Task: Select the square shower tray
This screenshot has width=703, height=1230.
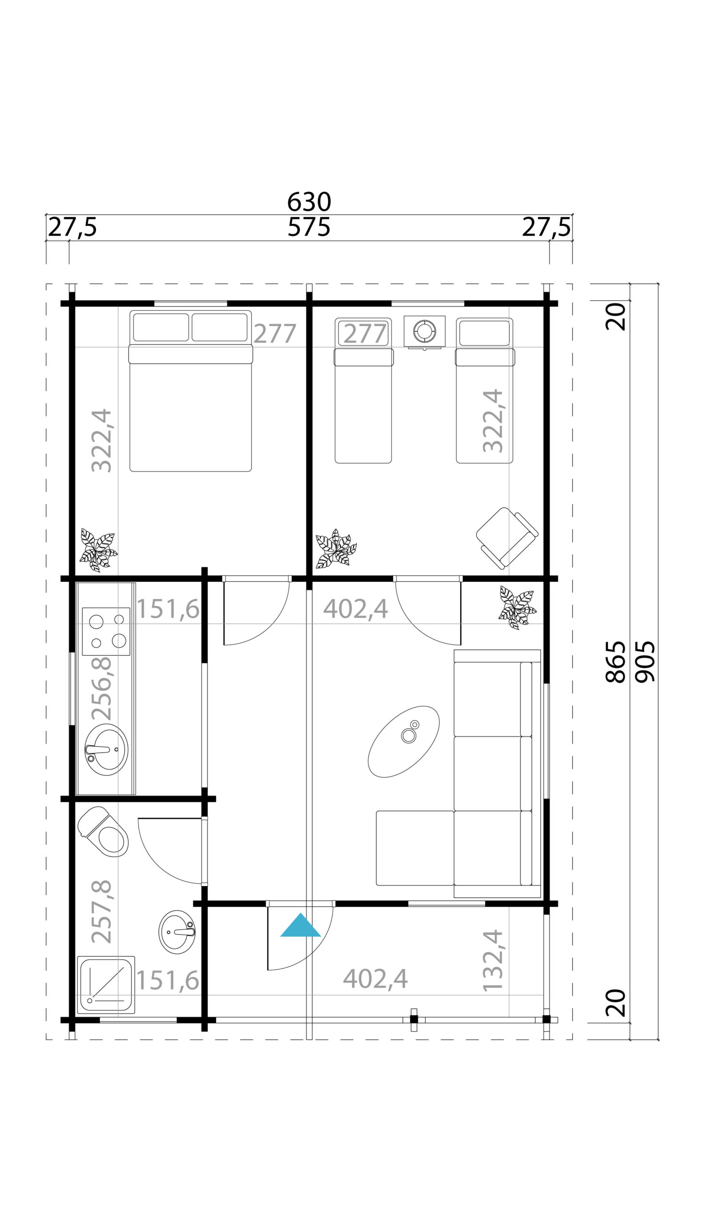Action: click(x=106, y=985)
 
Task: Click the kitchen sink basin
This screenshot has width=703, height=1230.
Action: click(x=107, y=749)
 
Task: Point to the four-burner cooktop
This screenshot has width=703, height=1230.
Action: click(x=106, y=631)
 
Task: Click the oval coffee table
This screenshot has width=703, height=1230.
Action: click(x=404, y=741)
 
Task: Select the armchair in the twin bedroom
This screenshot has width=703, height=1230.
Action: click(x=507, y=537)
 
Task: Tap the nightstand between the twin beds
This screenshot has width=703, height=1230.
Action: click(x=424, y=331)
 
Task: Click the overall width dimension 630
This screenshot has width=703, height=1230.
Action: click(x=309, y=202)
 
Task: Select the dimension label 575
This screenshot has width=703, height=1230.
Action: click(x=309, y=227)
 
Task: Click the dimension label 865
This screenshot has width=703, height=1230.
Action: click(x=616, y=661)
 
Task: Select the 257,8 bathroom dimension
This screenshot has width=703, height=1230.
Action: click(x=102, y=911)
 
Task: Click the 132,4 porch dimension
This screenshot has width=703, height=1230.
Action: click(x=493, y=960)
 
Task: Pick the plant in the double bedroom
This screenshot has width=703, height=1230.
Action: click(x=99, y=550)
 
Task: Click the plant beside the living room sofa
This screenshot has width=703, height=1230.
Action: click(x=517, y=607)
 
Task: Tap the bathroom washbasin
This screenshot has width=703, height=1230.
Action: click(x=177, y=932)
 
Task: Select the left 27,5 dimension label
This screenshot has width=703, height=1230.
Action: click(x=73, y=227)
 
